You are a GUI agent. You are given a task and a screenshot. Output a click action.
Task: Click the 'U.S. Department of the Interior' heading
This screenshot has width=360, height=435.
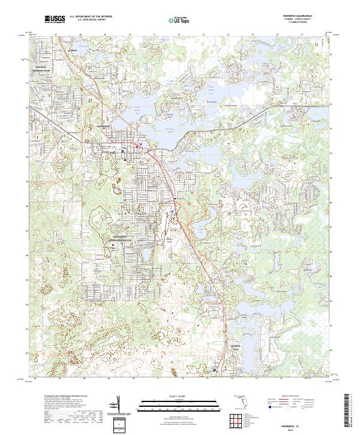(91, 17)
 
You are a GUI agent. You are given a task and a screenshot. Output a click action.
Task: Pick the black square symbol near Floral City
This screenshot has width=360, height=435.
(216, 371)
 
